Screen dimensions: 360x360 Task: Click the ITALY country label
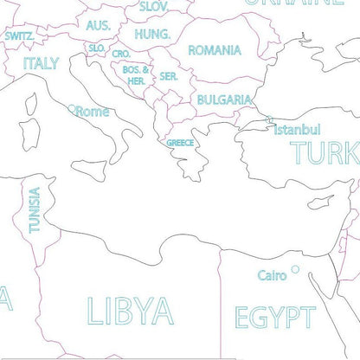(41, 63)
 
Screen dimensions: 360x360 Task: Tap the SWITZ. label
(19, 36)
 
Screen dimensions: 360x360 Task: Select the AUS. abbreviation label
(98, 26)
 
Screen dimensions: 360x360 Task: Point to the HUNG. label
(152, 35)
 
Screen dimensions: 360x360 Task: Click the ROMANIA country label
(215, 51)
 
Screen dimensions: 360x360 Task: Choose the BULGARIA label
(224, 100)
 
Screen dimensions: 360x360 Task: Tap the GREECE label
(180, 143)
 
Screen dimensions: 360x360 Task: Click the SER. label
(168, 76)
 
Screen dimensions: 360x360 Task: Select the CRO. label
(120, 54)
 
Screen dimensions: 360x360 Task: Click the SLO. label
(97, 48)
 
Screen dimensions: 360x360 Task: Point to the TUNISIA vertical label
(34, 210)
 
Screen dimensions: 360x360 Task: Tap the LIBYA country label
(130, 309)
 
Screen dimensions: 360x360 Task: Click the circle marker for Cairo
(294, 269)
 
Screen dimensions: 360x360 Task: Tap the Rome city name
(93, 112)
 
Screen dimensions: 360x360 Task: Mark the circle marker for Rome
(73, 108)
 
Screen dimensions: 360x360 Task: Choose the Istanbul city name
(297, 130)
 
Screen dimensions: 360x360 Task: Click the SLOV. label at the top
(153, 6)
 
